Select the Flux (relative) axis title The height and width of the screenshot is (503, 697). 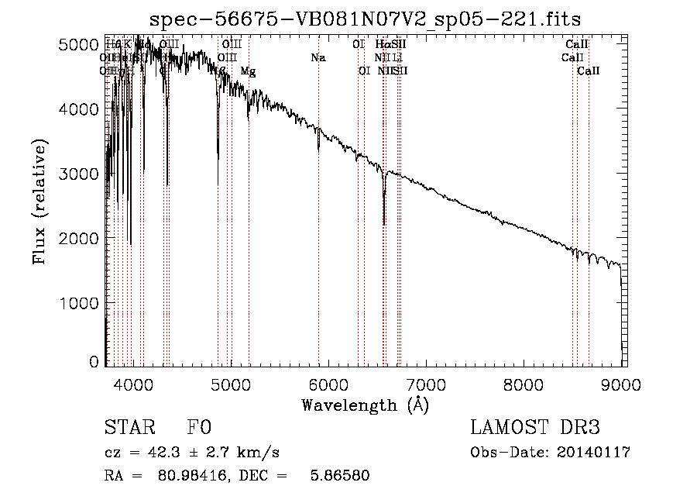coord(39,202)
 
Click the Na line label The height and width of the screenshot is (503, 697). coord(318,57)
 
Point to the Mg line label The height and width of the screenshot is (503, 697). coord(248,71)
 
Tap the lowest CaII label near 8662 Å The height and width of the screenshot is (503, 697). coord(589,71)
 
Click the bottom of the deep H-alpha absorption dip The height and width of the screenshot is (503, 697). coord(384,224)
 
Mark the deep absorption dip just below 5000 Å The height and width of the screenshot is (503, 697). coord(218,159)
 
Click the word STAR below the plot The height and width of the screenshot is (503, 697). coord(129,428)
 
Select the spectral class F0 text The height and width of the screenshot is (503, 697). coord(198,428)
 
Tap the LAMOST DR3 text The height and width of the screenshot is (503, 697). coord(535,428)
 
